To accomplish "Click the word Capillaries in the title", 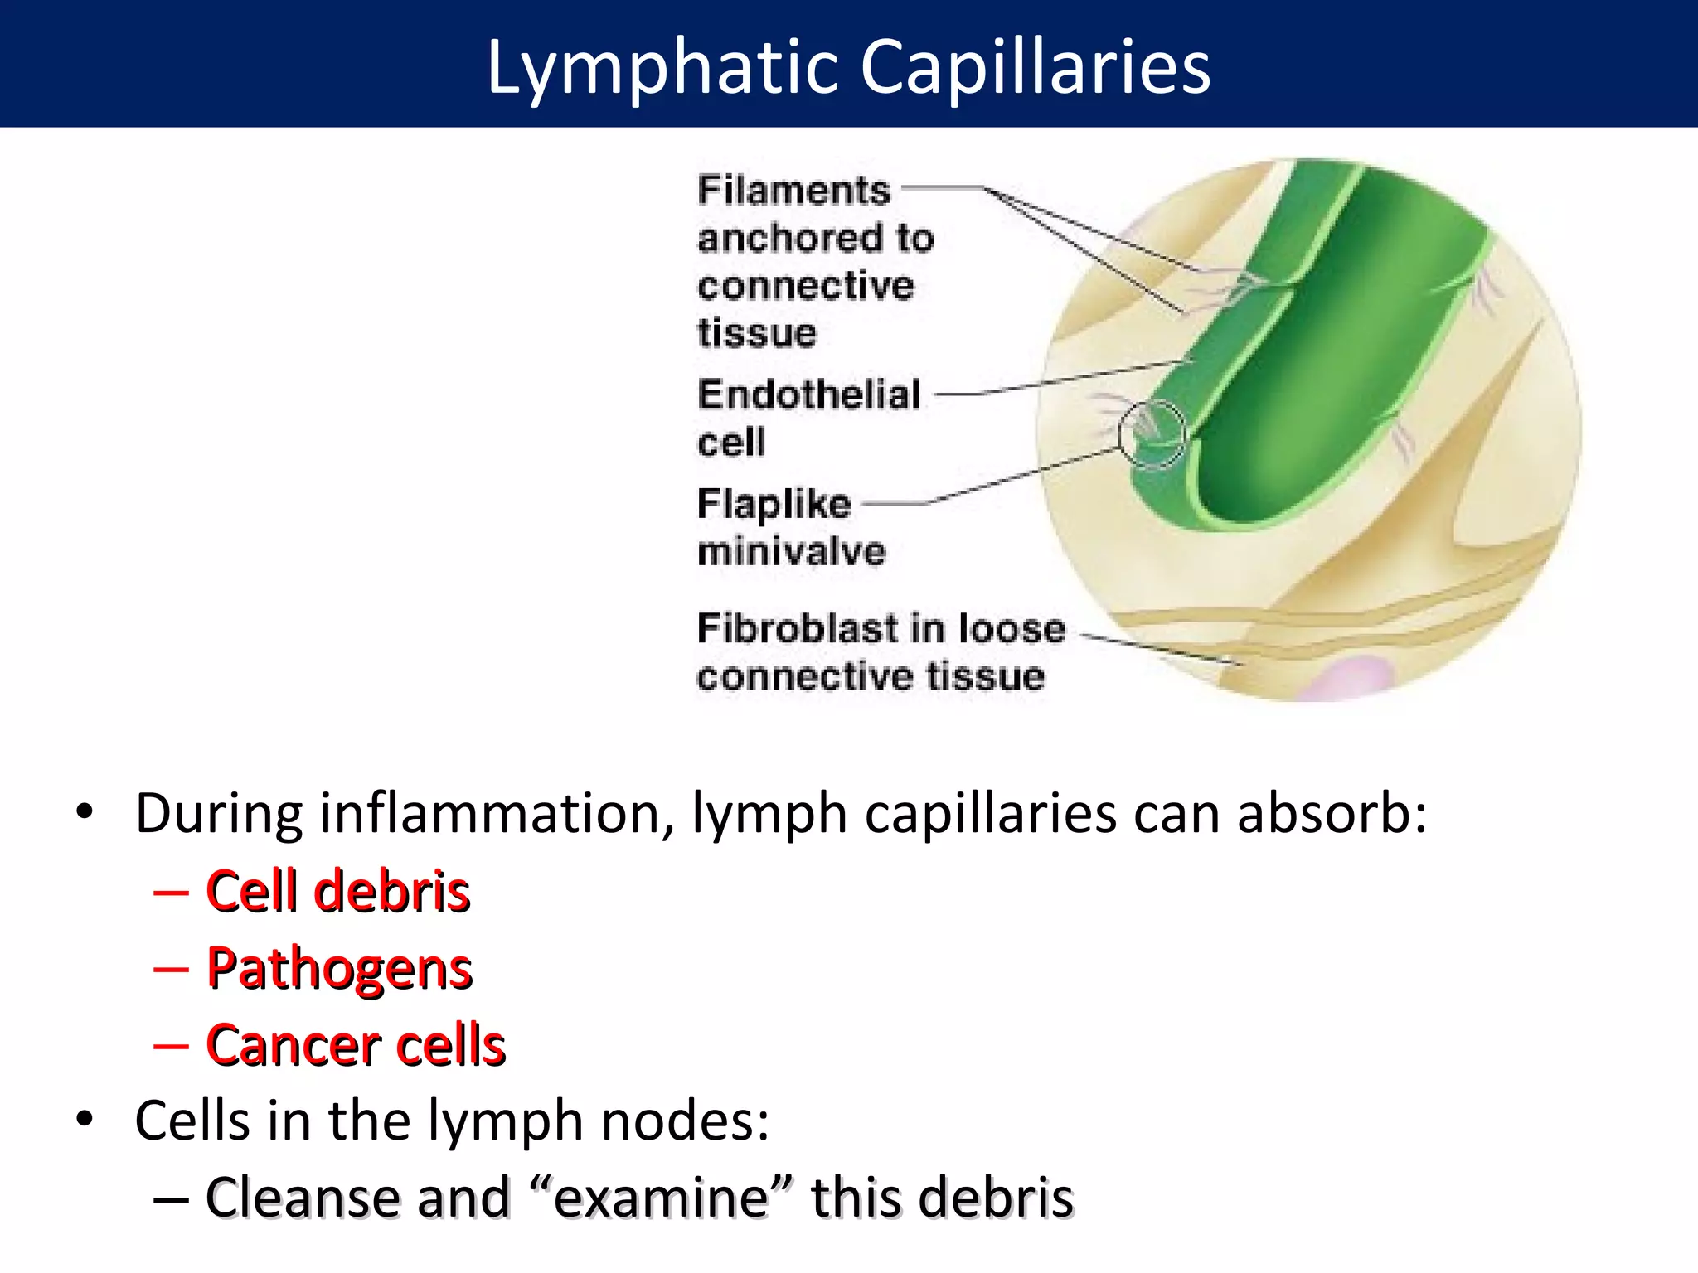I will (x=1036, y=68).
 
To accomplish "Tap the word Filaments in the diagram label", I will (x=793, y=191).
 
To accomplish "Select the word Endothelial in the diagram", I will (x=809, y=394).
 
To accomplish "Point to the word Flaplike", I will (x=774, y=504).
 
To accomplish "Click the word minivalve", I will (x=792, y=552).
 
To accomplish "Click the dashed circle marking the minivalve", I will (x=1152, y=434).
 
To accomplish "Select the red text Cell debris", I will (x=338, y=892).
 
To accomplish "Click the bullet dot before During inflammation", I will (x=85, y=812).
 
